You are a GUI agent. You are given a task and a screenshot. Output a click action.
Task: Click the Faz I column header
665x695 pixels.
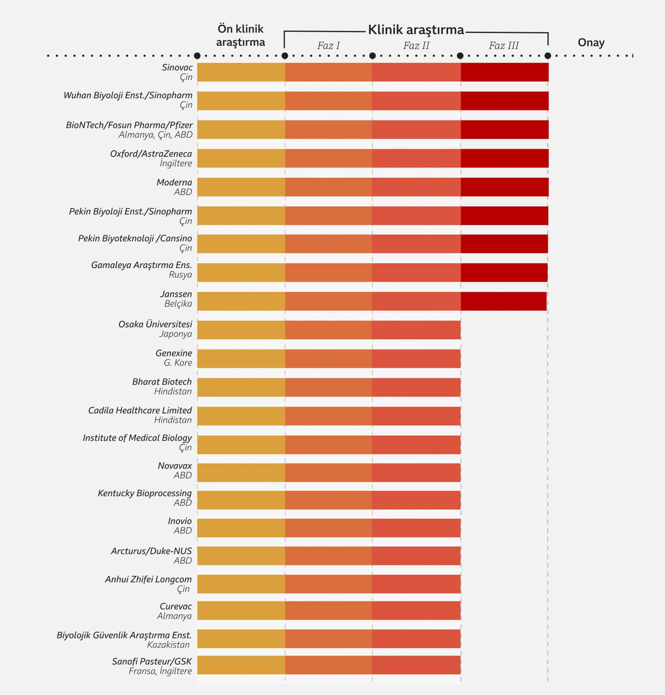328,46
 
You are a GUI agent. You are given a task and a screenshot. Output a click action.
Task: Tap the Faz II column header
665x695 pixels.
416,46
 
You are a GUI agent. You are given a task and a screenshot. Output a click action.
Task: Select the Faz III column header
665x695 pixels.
504,46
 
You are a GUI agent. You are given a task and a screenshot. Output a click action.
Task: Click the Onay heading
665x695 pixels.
591,42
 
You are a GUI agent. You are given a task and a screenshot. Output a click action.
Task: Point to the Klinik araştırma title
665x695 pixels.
416,30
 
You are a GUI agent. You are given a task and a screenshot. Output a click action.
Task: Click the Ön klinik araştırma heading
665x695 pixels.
240,35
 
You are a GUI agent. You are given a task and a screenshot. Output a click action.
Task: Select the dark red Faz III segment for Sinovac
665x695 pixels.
504,72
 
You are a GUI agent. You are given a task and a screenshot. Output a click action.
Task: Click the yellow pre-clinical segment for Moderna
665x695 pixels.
241,187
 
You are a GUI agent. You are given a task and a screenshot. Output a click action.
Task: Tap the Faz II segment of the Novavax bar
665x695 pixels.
416,473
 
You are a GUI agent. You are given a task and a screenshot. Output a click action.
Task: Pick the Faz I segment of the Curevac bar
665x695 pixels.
329,611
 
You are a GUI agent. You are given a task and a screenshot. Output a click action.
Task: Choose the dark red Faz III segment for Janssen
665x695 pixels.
504,301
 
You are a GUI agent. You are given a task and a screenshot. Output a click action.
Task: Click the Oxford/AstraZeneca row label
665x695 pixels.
151,154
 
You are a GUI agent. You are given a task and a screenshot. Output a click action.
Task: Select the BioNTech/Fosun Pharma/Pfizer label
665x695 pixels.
129,125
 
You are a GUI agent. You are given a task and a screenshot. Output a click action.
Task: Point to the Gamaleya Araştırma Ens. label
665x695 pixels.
141,265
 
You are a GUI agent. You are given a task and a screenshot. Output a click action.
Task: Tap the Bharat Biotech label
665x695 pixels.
161,381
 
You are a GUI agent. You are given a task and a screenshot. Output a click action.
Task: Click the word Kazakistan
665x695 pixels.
168,645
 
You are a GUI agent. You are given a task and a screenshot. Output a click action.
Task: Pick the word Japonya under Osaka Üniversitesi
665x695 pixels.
175,334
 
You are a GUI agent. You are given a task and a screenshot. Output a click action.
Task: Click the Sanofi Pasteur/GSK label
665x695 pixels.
152,661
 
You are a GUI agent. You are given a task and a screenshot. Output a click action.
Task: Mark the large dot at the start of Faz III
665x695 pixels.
460,56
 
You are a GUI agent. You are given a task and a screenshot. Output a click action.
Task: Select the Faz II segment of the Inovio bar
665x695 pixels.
416,528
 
